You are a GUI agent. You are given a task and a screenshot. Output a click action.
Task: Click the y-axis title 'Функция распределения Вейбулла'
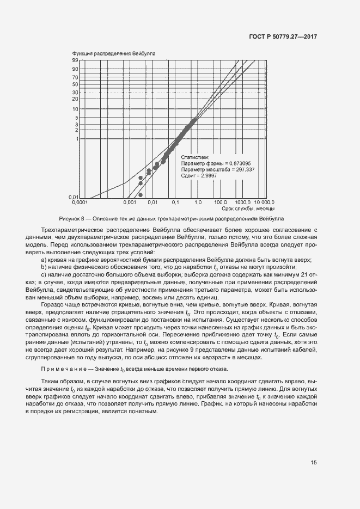pos(114,54)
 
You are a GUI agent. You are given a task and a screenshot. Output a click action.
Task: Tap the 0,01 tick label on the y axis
pos(75,197)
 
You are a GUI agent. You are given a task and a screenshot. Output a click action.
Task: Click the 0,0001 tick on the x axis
pos(81,203)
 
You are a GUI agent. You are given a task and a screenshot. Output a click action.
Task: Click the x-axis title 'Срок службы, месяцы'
pos(248,209)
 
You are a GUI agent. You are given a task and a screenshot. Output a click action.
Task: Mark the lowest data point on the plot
pos(141,195)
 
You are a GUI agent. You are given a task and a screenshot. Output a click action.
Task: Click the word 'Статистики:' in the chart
pos(194,157)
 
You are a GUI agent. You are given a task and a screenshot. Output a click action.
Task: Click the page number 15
pos(314,463)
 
